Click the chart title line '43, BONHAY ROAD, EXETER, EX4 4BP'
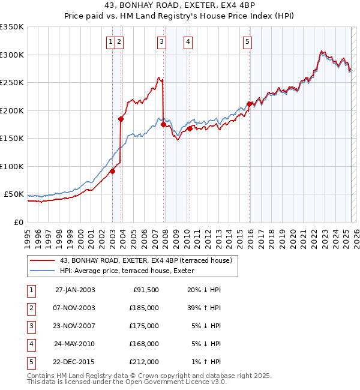click(x=179, y=6)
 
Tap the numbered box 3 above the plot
click(x=162, y=42)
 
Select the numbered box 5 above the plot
click(x=248, y=42)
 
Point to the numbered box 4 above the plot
click(x=188, y=42)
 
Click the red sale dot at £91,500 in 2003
click(x=112, y=171)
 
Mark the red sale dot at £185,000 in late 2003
click(x=121, y=119)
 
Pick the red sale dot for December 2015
click(x=249, y=104)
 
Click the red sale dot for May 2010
click(x=190, y=128)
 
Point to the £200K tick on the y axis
click(x=12, y=110)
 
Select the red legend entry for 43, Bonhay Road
click(x=149, y=259)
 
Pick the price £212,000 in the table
click(x=144, y=362)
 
